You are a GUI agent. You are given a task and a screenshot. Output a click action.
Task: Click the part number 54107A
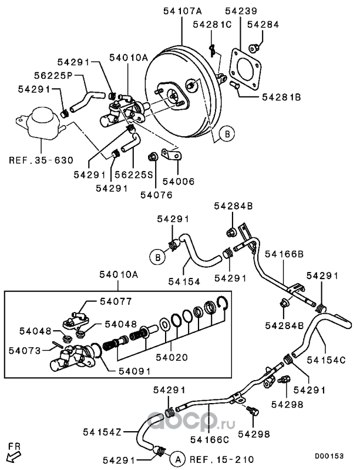point(182,11)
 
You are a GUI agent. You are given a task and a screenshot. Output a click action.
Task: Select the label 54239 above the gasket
point(241,11)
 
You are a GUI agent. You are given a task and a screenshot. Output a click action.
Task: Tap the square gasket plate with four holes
point(245,69)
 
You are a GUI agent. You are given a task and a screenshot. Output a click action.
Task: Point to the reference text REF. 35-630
point(41,160)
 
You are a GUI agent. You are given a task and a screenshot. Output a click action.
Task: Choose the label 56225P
point(53,75)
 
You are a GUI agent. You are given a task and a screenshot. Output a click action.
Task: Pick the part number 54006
point(179,182)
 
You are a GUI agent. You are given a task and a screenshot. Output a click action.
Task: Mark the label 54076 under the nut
point(156,195)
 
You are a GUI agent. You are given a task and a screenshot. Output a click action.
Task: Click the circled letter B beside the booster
point(227,134)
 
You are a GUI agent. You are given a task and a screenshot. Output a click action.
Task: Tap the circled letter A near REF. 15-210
point(178,459)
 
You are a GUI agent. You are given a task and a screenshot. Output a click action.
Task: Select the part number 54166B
point(284,254)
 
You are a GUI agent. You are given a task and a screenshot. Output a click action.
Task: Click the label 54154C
point(326,360)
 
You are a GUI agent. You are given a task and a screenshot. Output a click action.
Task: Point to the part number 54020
point(171,357)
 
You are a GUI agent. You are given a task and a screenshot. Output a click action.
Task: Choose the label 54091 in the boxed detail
point(134,371)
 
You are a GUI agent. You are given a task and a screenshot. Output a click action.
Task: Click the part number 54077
point(116,301)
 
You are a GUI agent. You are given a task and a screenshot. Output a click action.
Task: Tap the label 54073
point(25,350)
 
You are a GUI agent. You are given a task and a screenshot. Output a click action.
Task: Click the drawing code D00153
point(329,456)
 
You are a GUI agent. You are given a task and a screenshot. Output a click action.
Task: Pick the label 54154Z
point(102,432)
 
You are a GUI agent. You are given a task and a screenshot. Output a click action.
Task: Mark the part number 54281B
point(281,97)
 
